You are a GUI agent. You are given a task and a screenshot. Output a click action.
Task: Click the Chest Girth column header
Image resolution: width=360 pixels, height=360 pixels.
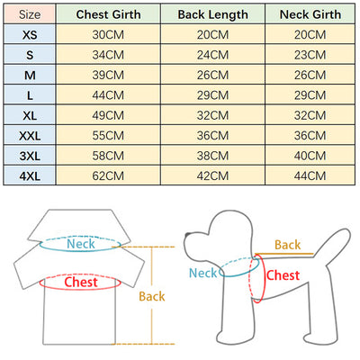coord(108,14)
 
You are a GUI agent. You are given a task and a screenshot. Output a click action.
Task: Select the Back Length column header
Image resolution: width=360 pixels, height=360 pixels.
coord(212,14)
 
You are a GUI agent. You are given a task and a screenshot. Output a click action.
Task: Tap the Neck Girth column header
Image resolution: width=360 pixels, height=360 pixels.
coord(310,14)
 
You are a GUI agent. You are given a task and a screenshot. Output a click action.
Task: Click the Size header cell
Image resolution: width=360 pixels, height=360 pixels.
coord(30,14)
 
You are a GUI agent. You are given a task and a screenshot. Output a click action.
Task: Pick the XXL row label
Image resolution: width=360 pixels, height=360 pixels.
coord(30,136)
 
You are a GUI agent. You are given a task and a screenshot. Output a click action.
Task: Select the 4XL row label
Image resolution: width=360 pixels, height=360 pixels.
coord(30,175)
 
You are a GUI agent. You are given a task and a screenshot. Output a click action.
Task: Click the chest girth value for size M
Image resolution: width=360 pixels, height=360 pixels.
coord(108,75)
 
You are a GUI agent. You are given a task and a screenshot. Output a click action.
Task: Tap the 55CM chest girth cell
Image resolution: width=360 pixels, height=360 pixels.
coord(108,136)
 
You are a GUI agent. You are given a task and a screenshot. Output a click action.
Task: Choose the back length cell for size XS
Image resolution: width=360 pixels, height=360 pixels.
coord(212,34)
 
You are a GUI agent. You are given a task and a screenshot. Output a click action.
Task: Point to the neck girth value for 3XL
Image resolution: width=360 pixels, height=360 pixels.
coord(310,156)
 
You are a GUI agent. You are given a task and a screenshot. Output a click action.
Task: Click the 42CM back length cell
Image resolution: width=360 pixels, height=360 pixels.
coord(212,175)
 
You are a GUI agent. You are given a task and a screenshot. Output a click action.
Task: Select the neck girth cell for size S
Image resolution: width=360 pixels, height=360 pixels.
coord(310,55)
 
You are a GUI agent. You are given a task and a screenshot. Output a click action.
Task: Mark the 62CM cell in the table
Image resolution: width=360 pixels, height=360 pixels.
coord(108,175)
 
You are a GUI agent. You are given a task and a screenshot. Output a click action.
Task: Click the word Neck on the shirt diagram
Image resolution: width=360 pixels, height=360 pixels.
coord(81,244)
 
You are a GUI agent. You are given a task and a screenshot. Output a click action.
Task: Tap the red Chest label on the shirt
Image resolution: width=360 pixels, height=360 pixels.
coord(81,282)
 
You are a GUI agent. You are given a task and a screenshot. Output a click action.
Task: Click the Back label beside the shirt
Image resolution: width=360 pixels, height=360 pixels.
coord(152,296)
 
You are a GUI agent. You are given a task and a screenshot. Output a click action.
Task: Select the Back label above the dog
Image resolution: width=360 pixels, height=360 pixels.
coord(287,245)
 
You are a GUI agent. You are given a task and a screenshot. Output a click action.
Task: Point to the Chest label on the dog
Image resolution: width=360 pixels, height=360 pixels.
coord(283,275)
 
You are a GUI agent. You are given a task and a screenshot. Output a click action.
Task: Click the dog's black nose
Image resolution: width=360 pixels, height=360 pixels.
coord(188,235)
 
